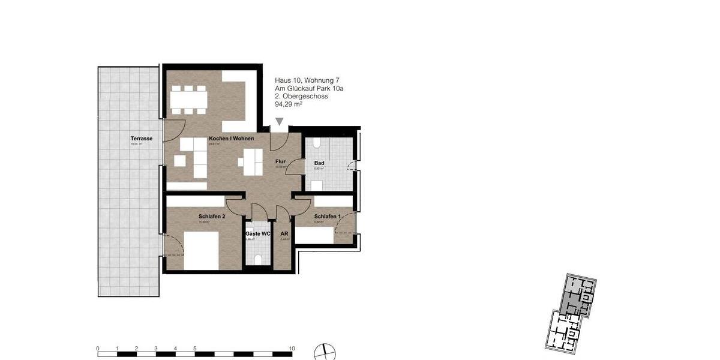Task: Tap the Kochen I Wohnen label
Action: click(231, 139)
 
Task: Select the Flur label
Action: click(280, 161)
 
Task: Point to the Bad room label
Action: click(319, 163)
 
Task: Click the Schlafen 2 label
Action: click(212, 217)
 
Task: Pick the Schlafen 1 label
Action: click(327, 217)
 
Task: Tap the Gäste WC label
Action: click(258, 233)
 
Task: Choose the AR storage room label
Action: click(284, 233)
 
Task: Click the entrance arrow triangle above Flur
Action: click(279, 122)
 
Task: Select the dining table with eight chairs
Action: click(188, 98)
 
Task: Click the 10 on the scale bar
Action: click(292, 348)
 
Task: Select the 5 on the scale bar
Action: click(194, 348)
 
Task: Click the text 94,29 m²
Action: click(289, 104)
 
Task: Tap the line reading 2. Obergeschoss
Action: click(301, 96)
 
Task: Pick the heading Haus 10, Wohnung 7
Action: click(308, 80)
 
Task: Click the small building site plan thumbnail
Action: click(571, 311)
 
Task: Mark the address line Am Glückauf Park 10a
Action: click(309, 88)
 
